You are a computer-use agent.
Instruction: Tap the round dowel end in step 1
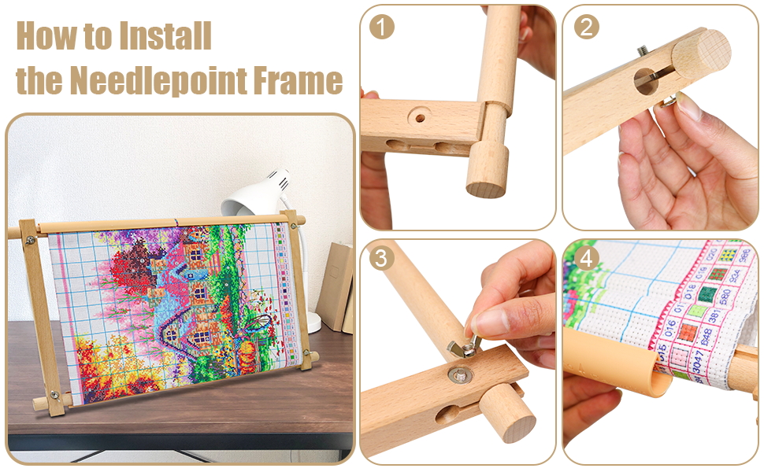click(485, 187)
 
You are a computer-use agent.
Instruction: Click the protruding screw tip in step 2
click(644, 50)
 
